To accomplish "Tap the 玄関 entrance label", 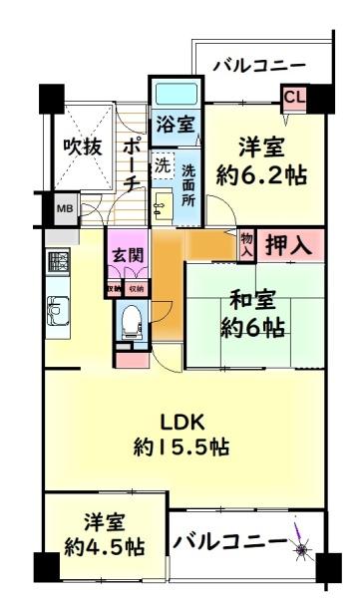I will point(127,253).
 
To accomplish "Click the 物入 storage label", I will point(246,245).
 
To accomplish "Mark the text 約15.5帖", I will point(181,447).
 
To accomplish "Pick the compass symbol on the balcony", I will point(301,544).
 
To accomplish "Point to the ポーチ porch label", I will point(131,164).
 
